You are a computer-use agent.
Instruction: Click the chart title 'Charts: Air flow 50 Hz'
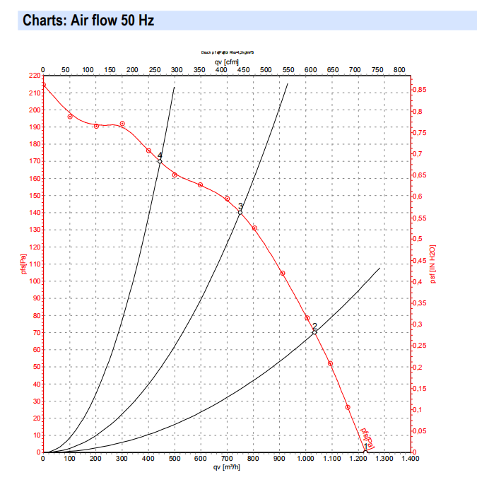[88, 20]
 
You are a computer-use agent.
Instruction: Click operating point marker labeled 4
[160, 161]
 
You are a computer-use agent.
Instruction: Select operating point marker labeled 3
[240, 212]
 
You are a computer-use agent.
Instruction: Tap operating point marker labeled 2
[314, 332]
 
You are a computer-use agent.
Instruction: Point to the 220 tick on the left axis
[34, 76]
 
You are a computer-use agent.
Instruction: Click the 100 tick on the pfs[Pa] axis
[34, 281]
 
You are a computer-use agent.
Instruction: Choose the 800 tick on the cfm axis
[399, 70]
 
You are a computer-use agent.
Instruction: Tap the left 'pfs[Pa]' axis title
[23, 264]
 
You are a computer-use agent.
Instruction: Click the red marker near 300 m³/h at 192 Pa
[122, 124]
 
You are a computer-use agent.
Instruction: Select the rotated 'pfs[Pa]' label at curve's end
[366, 438]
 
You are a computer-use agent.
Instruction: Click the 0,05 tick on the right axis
[422, 430]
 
